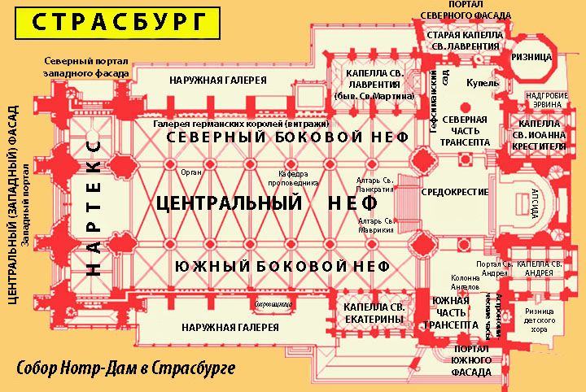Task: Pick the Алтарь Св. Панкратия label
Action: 375,185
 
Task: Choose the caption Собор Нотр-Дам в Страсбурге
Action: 125,368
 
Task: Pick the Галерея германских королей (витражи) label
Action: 241,123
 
